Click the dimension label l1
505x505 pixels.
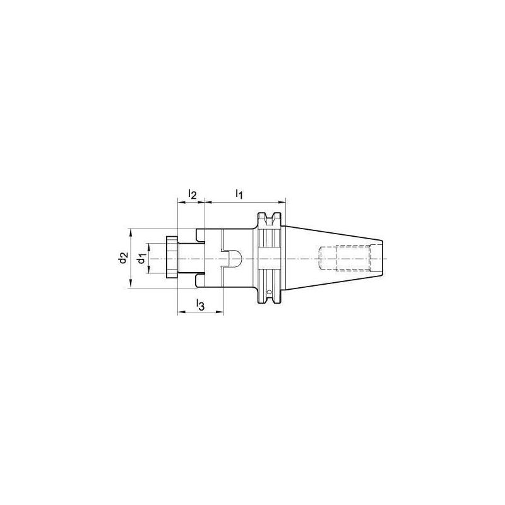tap(239, 194)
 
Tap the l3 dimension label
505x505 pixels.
tap(199, 305)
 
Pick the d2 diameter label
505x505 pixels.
tap(124, 258)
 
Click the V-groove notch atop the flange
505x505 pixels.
tap(270, 218)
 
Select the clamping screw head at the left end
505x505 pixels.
tap(172, 258)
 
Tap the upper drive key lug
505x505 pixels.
tap(200, 235)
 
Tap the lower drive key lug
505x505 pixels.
tap(200, 281)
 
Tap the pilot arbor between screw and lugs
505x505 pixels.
tap(187, 258)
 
